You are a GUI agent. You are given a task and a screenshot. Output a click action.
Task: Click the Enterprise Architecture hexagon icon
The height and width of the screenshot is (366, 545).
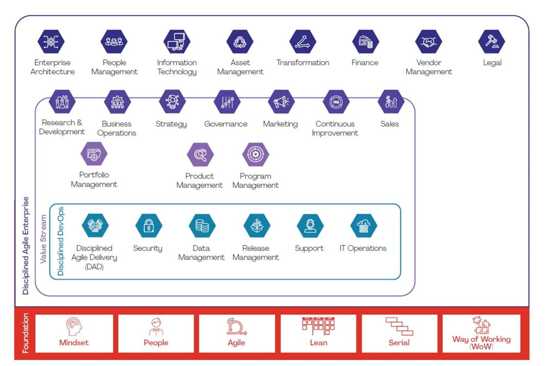point(51,42)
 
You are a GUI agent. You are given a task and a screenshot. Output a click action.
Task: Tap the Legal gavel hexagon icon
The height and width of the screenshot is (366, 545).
point(491,42)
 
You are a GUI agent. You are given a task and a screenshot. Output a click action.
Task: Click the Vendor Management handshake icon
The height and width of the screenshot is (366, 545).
point(428,42)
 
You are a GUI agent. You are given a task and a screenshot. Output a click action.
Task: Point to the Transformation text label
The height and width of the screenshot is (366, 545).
point(303,63)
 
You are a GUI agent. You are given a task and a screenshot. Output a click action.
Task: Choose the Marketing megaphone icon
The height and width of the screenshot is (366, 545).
point(281,102)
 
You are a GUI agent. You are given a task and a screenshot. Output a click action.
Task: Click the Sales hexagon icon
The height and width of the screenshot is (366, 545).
point(390,102)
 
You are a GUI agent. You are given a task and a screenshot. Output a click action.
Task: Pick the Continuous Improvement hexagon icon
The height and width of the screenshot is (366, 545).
point(336,102)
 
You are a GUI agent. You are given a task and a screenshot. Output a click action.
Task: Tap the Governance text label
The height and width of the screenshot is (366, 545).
point(225,124)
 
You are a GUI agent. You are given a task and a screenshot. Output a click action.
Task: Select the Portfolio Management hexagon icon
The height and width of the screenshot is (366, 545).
point(94,154)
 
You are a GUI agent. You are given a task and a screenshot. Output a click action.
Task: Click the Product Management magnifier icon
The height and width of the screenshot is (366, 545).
point(200,154)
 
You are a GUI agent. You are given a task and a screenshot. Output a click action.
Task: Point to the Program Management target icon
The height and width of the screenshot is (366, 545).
point(255,154)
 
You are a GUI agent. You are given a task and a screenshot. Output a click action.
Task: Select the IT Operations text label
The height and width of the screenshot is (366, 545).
point(363,248)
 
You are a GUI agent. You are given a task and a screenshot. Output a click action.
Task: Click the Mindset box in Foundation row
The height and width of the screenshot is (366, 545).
point(74,333)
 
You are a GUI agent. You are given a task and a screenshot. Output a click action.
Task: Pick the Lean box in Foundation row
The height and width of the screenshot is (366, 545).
point(318,333)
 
